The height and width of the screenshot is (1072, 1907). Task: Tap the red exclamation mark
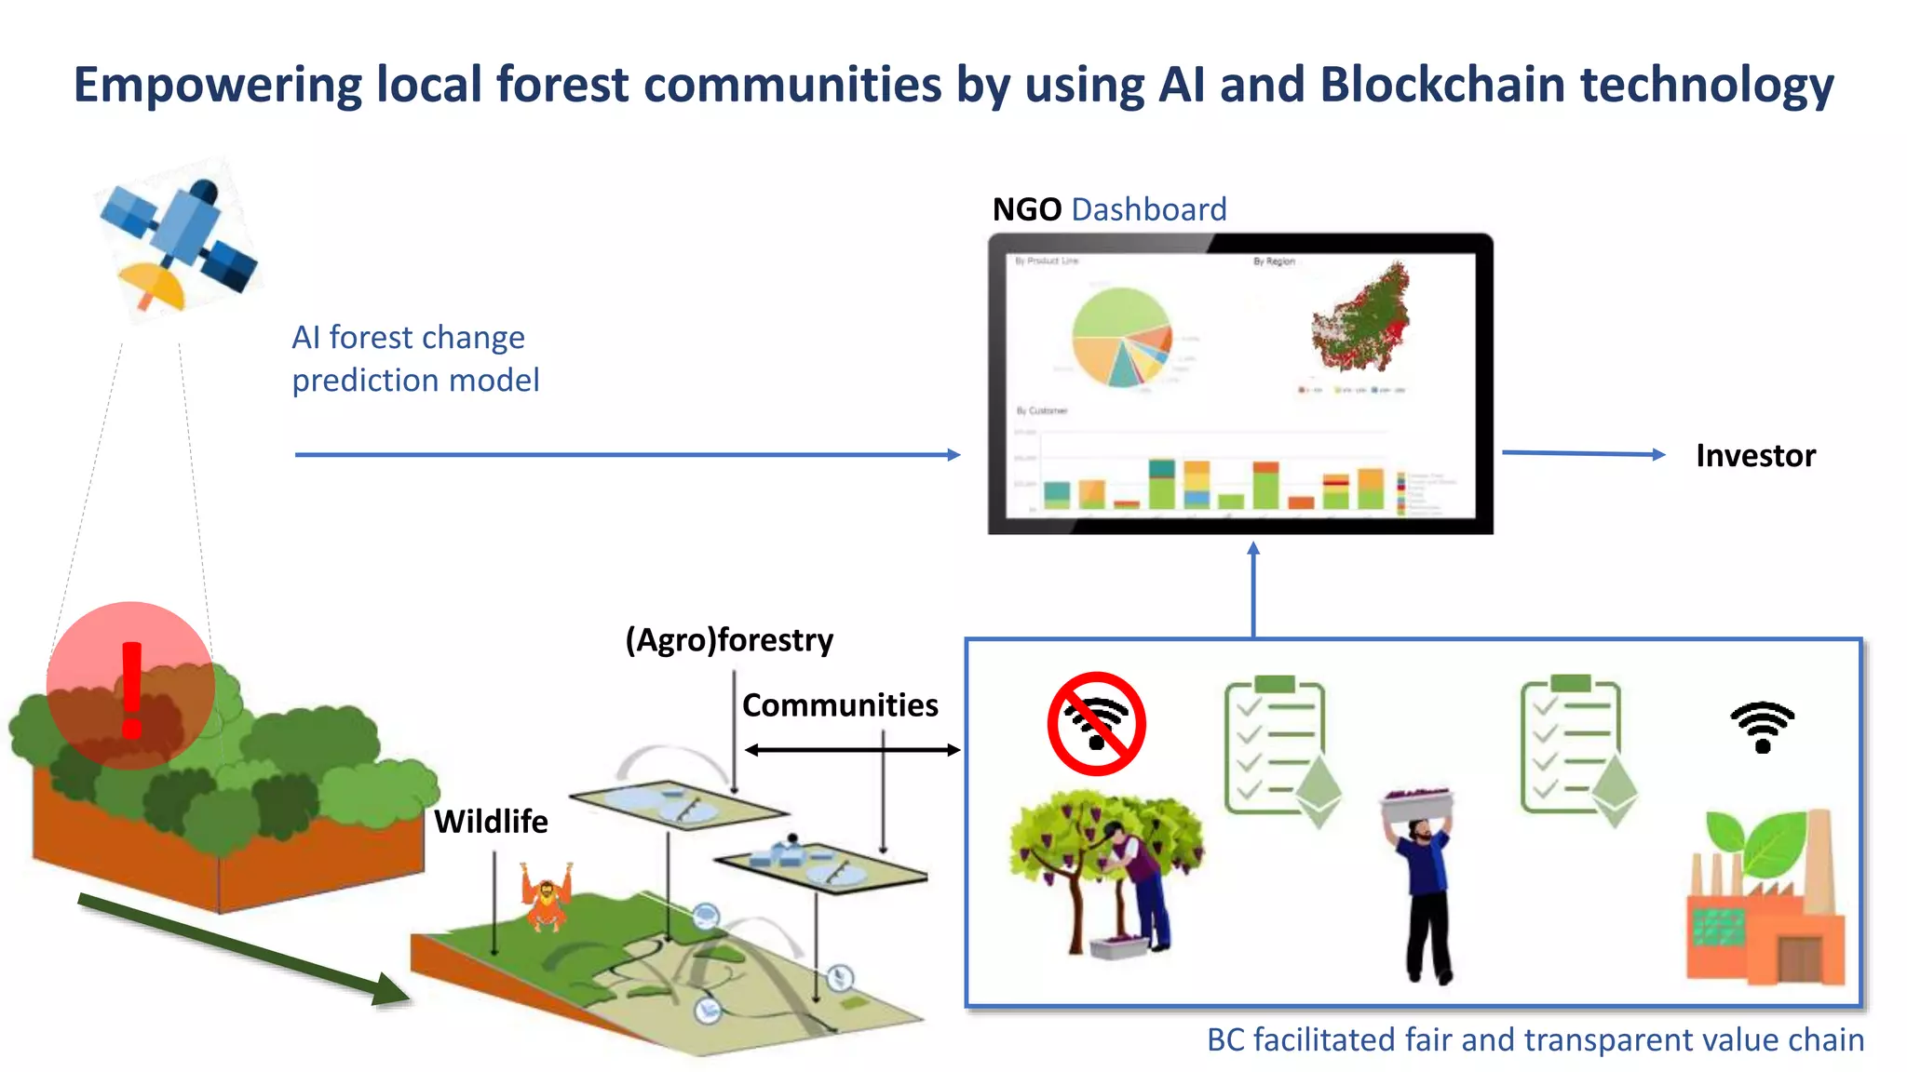(x=131, y=690)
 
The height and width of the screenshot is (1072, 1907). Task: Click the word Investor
(x=1755, y=456)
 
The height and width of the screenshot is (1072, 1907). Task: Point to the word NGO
(x=1026, y=209)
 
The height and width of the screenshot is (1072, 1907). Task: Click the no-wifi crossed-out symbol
(x=1096, y=724)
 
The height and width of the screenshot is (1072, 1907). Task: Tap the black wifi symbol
(x=1762, y=727)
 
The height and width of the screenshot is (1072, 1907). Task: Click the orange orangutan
(x=548, y=897)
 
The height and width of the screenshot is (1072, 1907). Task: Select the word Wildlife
(x=491, y=822)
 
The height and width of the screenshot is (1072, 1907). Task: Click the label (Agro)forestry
(x=729, y=640)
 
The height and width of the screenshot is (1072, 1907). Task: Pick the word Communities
(x=839, y=705)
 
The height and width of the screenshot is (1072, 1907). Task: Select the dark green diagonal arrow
(x=242, y=949)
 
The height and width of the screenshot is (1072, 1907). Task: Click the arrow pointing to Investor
(x=1583, y=453)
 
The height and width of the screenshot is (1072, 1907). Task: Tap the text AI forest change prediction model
(x=415, y=358)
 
